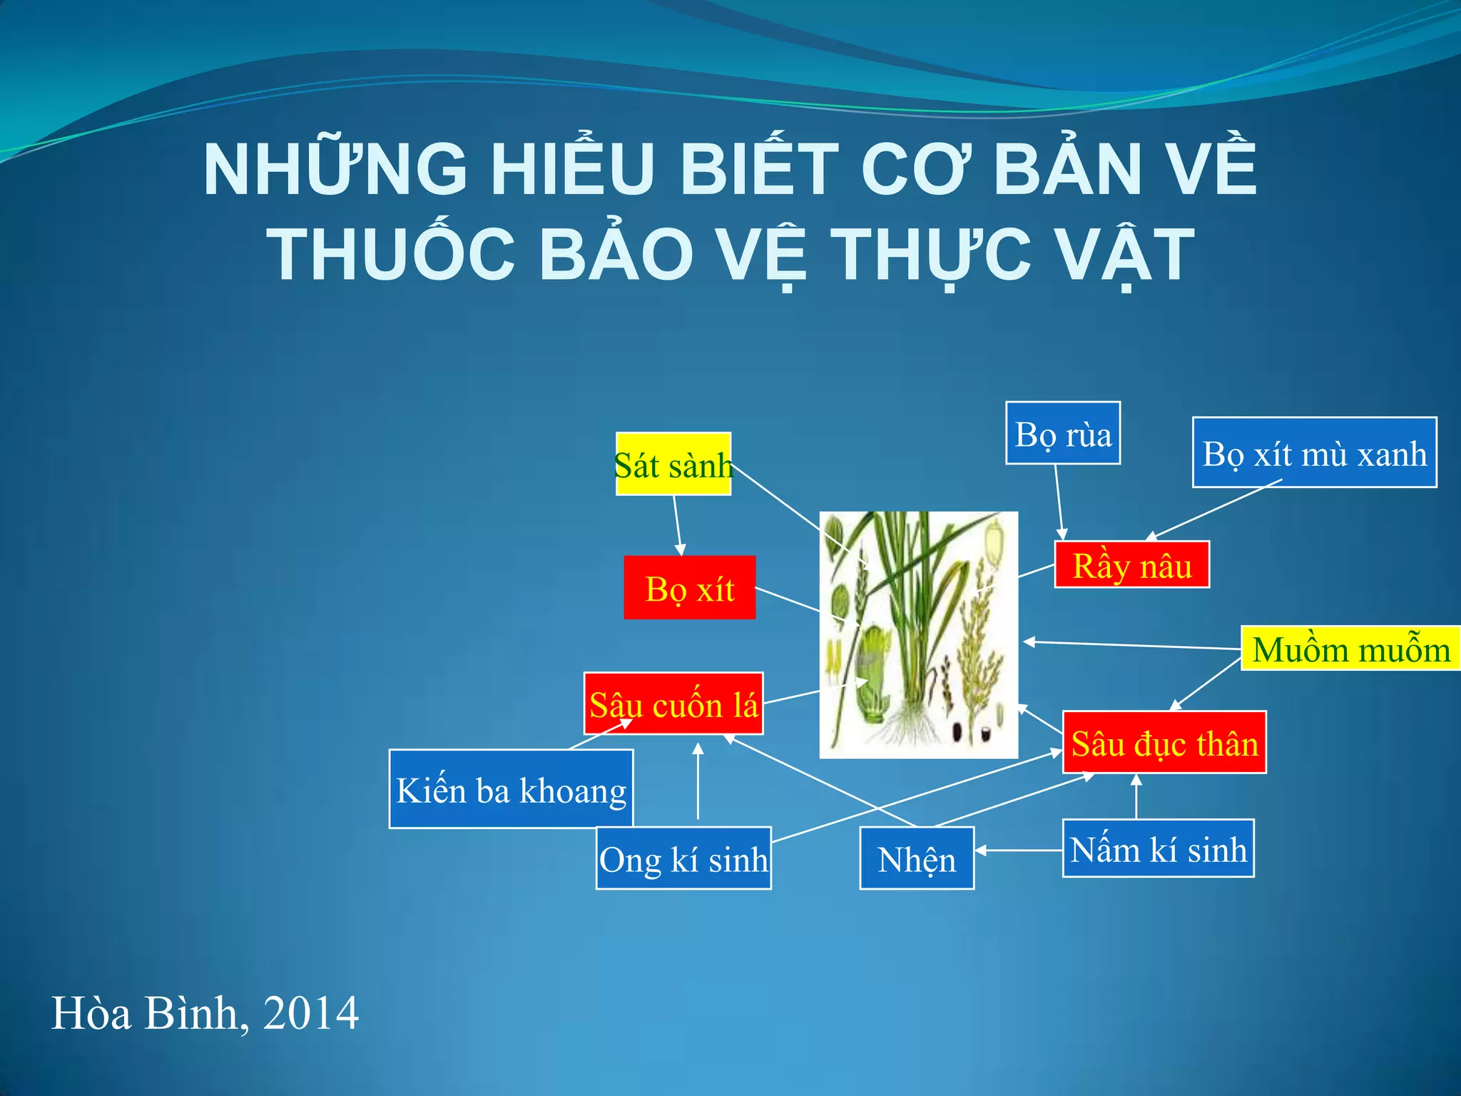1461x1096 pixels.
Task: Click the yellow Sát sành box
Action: click(x=673, y=464)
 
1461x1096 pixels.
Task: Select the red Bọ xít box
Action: click(x=689, y=587)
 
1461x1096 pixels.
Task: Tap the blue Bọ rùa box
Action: click(x=1063, y=433)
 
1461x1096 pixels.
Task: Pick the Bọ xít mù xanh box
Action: click(x=1314, y=452)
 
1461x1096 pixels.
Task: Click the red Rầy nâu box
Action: click(x=1131, y=564)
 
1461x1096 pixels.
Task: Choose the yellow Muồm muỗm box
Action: click(x=1350, y=649)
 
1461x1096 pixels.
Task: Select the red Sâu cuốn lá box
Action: click(x=673, y=704)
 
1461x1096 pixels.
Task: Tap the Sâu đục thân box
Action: click(x=1164, y=742)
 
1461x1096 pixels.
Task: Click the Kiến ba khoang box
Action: click(x=511, y=788)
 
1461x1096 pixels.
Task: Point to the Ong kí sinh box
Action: click(x=683, y=858)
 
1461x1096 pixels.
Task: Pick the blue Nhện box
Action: click(x=917, y=858)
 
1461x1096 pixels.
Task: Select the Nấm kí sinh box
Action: click(x=1158, y=848)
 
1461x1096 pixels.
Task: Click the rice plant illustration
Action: click(x=919, y=634)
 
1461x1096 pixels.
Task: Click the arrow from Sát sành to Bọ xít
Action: click(x=678, y=525)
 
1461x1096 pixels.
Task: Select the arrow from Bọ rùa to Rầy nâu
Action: click(x=1059, y=502)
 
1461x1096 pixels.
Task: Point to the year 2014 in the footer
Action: click(x=310, y=1013)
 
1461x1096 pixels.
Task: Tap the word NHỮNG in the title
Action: click(x=335, y=170)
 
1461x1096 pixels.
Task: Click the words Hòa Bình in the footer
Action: click(x=145, y=1013)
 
